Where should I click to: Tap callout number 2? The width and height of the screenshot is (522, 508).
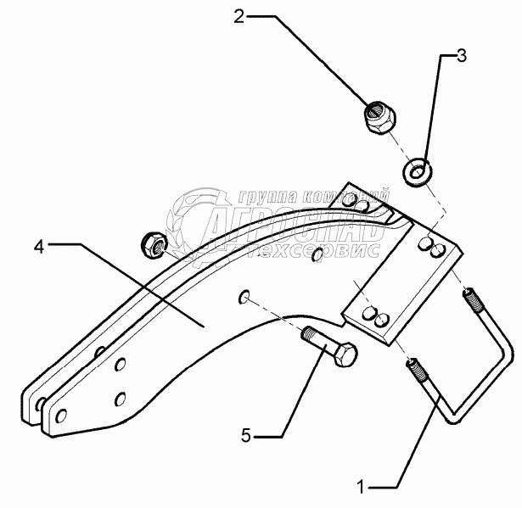(239, 17)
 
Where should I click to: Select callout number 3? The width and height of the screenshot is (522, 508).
(461, 57)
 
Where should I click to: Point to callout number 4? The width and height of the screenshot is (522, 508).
(39, 247)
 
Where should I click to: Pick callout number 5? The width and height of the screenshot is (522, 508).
(245, 436)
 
